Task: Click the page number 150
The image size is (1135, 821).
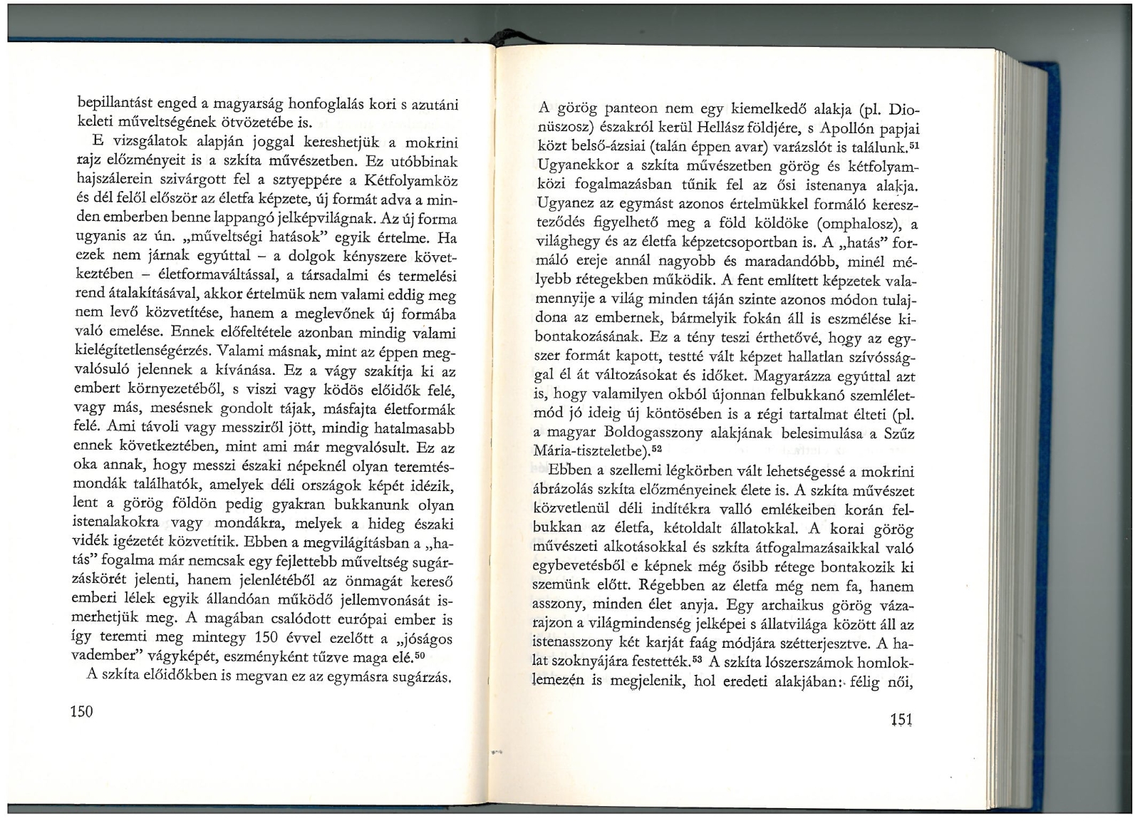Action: pos(83,711)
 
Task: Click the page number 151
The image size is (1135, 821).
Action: pos(902,720)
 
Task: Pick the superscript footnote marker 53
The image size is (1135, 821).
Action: pos(698,659)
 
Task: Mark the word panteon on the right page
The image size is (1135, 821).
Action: pos(634,111)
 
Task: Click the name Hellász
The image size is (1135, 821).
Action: pos(735,130)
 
